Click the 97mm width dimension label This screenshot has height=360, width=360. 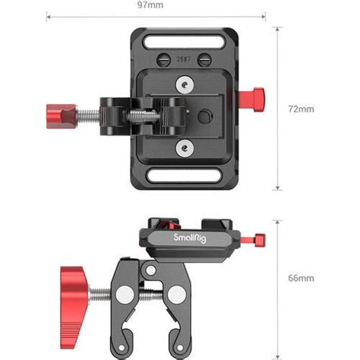(160, 5)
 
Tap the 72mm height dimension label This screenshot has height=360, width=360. (302, 109)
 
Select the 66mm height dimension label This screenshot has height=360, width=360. (302, 279)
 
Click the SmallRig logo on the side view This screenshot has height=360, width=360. (189, 238)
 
